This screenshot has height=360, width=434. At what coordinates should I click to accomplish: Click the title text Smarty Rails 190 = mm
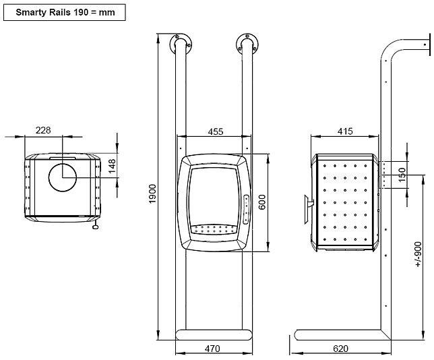pyautogui.click(x=62, y=12)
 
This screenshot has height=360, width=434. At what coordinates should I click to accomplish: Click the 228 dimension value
pyautogui.click(x=42, y=130)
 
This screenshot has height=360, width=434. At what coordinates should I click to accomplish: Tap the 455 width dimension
pyautogui.click(x=216, y=132)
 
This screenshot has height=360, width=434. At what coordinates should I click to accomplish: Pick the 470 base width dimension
pyautogui.click(x=212, y=349)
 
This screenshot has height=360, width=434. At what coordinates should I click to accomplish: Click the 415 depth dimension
pyautogui.click(x=345, y=132)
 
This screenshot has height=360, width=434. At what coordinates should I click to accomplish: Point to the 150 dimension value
pyautogui.click(x=402, y=175)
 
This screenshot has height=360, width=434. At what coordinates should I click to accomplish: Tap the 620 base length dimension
pyautogui.click(x=341, y=349)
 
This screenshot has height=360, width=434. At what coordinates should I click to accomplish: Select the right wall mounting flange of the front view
pyautogui.click(x=245, y=44)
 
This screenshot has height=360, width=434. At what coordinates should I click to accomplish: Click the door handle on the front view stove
pyautogui.click(x=246, y=208)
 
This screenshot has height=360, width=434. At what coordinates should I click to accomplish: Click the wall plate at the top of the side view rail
pyautogui.click(x=425, y=47)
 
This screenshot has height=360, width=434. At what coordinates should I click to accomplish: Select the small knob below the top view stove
pyautogui.click(x=95, y=227)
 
